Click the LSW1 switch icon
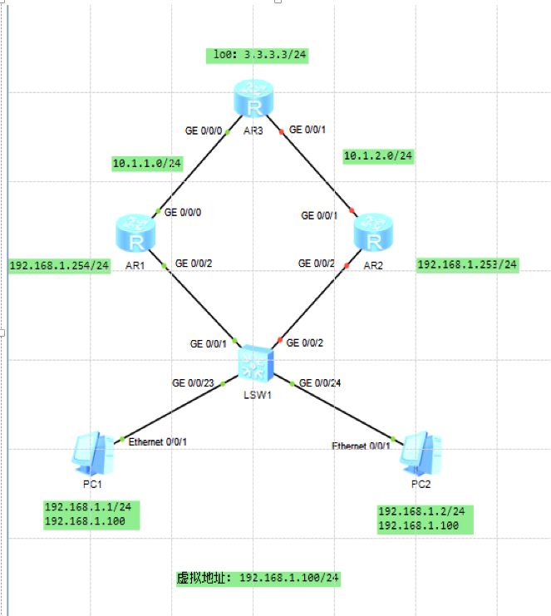tap(254, 362)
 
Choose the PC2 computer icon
tap(421, 452)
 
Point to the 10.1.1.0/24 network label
tap(147, 164)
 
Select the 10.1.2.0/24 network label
tap(378, 155)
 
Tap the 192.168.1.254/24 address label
tap(59, 266)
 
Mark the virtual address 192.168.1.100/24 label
tap(260, 578)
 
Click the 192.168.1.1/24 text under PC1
tap(81, 507)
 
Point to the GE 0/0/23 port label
tap(193, 383)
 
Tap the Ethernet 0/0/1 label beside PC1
tap(158, 441)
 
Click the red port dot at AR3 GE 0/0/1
tap(282, 130)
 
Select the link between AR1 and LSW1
tap(199, 303)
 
